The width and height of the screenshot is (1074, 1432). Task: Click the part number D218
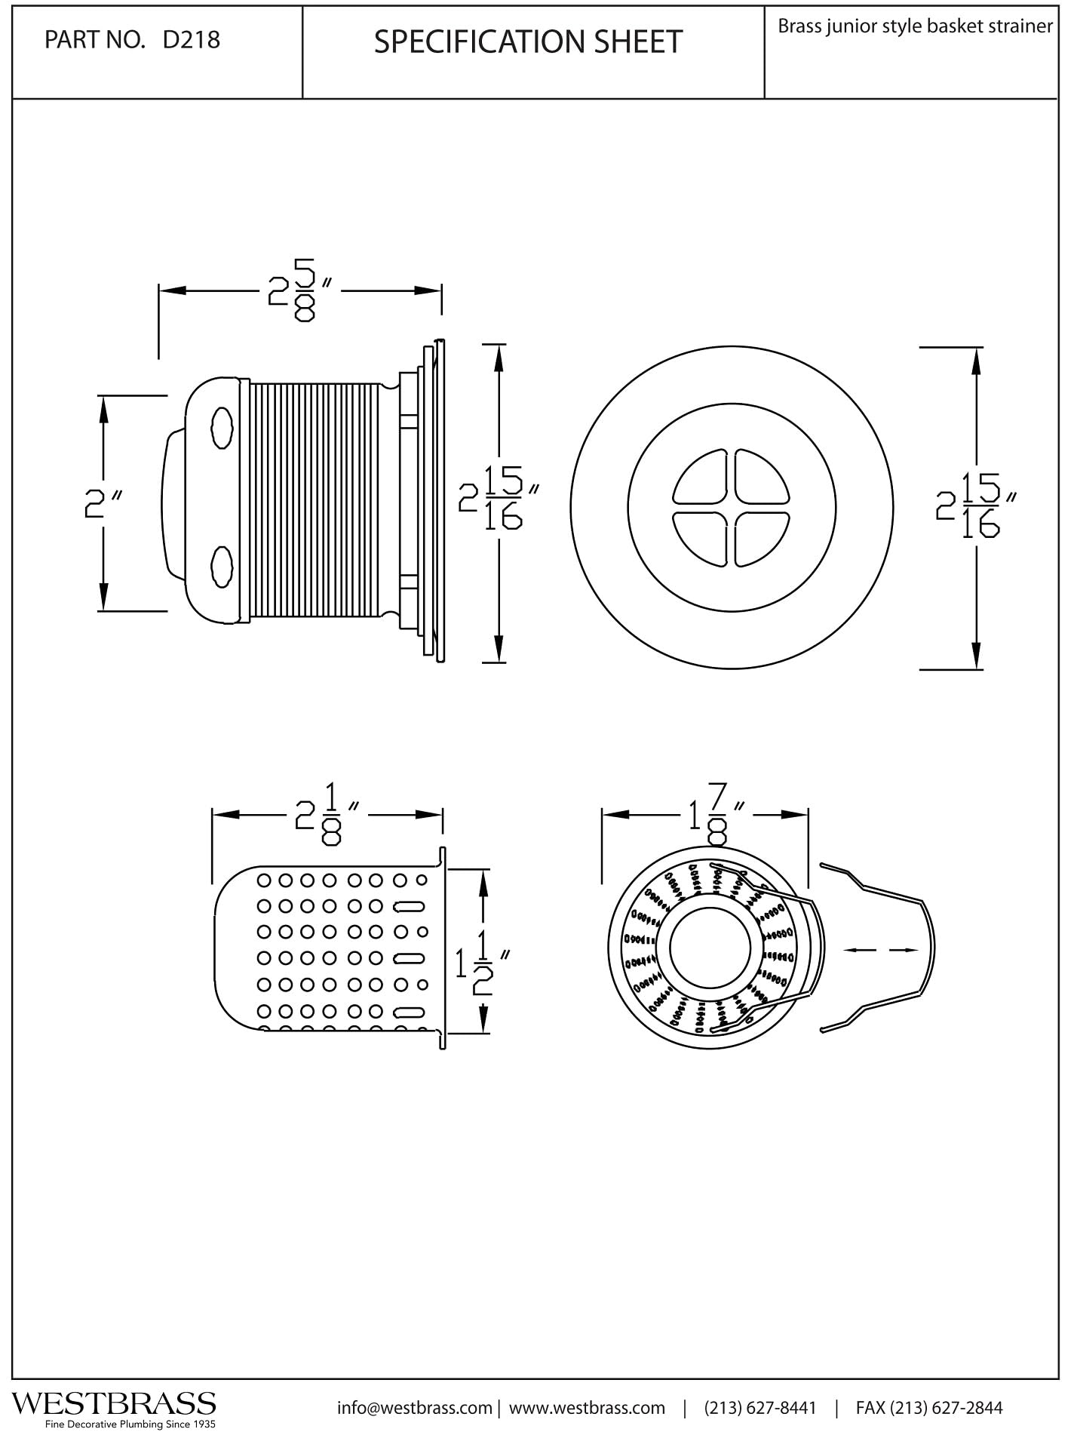191,39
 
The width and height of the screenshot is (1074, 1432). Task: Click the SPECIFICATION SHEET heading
528,41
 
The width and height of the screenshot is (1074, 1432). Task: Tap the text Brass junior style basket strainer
915,26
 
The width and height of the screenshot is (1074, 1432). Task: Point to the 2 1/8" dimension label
327,815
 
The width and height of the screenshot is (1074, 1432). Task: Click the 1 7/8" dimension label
713,815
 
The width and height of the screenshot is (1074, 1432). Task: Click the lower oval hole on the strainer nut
222,566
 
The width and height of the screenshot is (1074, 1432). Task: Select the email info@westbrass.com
414,1408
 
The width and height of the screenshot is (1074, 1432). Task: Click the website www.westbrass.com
588,1408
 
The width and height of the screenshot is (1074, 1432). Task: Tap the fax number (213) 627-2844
929,1408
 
